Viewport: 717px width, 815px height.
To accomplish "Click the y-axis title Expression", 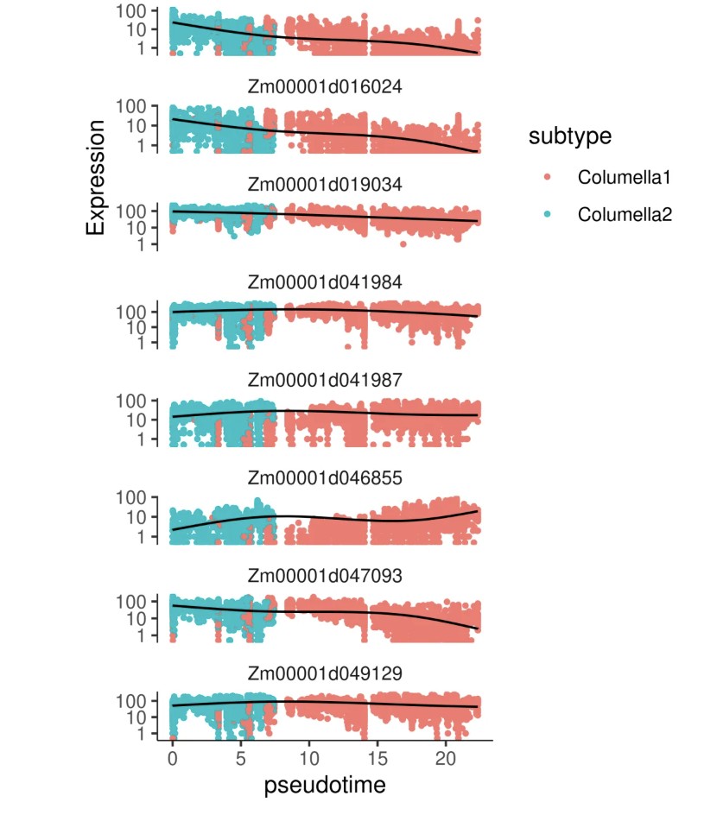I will click(96, 177).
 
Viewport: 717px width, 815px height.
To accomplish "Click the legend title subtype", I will click(570, 136).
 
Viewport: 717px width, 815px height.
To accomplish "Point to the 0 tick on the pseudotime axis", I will click(173, 756).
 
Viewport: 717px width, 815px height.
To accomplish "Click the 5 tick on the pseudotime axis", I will click(241, 756).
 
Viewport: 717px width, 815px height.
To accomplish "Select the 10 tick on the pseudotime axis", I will click(309, 756).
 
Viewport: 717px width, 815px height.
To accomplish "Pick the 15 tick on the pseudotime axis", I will click(378, 756).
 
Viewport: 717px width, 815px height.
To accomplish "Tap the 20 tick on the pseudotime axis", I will click(445, 756).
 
